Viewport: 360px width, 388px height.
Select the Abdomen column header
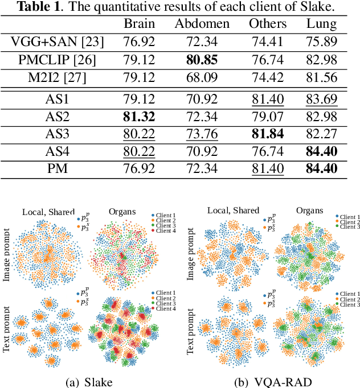(x=202, y=24)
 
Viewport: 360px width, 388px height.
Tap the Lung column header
(x=321, y=24)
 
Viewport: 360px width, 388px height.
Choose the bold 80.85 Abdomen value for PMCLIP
(x=202, y=60)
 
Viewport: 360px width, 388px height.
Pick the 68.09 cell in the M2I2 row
(x=202, y=77)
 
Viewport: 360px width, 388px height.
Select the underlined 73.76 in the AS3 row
(x=202, y=134)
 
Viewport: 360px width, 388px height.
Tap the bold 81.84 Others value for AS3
(x=267, y=134)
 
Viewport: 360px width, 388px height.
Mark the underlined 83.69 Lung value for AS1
(x=321, y=99)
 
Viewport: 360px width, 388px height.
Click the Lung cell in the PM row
(x=321, y=169)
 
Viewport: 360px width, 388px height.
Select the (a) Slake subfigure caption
(x=91, y=380)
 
